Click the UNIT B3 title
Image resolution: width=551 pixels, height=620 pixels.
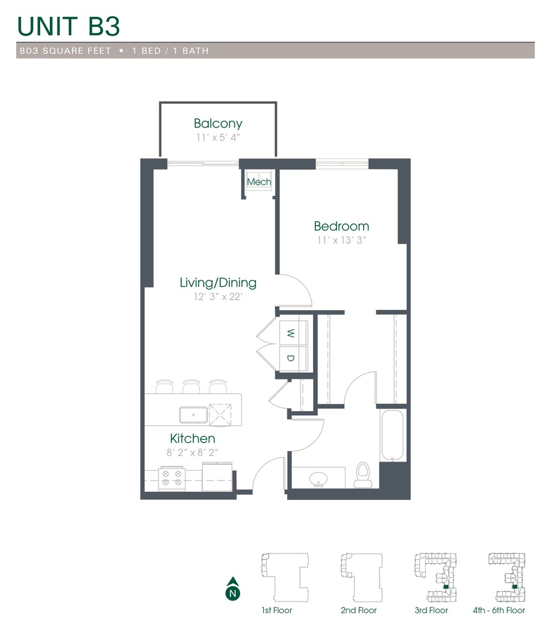[x=68, y=26]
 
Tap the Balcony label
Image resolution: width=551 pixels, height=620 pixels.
[x=218, y=123]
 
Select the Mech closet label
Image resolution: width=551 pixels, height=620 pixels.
[x=259, y=182]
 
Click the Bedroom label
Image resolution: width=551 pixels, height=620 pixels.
[x=341, y=226]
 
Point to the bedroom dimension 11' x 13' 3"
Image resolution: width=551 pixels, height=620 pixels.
[x=341, y=240]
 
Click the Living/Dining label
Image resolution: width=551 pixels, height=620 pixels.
[x=218, y=282]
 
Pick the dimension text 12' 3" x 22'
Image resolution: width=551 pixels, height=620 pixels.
[x=218, y=297]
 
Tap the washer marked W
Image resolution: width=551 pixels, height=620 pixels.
[x=291, y=333]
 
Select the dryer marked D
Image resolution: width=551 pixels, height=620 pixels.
[x=291, y=359]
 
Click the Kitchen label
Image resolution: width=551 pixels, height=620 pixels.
[x=192, y=439]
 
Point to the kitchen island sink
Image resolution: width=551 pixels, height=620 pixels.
[x=193, y=413]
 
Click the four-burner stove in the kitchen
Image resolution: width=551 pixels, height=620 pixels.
[x=172, y=478]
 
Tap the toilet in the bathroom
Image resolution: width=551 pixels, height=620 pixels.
[x=363, y=475]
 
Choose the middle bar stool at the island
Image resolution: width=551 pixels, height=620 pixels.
[x=191, y=387]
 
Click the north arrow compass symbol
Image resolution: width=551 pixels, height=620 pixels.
[x=232, y=589]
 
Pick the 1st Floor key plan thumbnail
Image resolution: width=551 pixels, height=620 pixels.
[x=284, y=577]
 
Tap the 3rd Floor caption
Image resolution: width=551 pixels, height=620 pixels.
[x=431, y=610]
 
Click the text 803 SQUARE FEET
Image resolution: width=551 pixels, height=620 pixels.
[x=64, y=51]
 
